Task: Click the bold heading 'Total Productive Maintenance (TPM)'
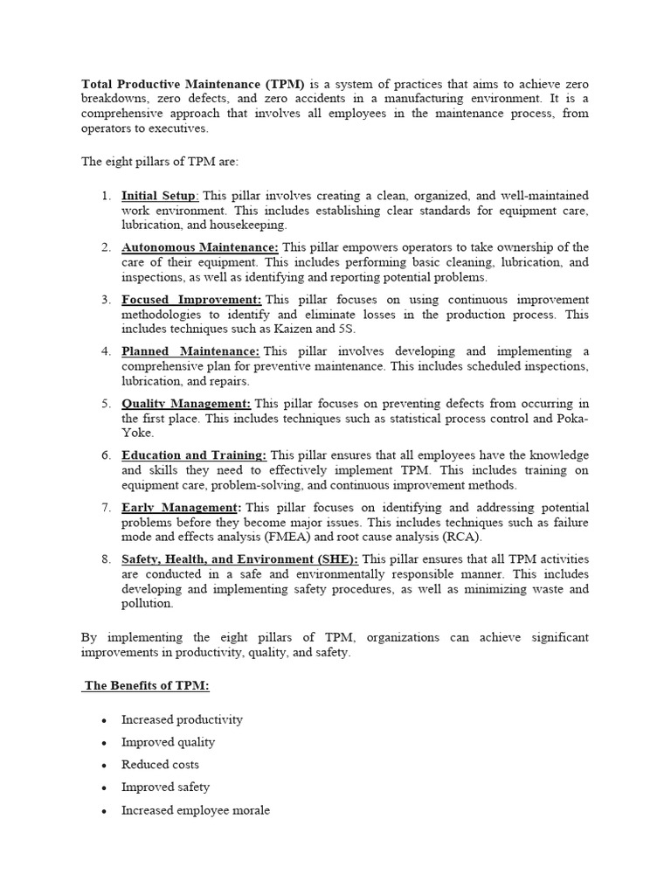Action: [x=193, y=84]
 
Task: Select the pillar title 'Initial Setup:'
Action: [x=160, y=196]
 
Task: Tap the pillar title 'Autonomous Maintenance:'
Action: [x=200, y=247]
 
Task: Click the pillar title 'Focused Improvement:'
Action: [x=191, y=300]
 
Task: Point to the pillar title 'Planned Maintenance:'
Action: [x=190, y=351]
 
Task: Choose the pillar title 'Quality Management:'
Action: [x=186, y=404]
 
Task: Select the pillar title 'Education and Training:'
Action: [x=194, y=455]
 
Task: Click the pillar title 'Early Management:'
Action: [x=181, y=508]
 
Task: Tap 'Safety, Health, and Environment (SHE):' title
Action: [x=239, y=559]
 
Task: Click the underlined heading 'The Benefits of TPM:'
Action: [x=147, y=686]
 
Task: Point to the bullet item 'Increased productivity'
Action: [x=182, y=719]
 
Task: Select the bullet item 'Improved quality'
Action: [x=168, y=742]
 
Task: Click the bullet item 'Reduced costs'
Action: [x=160, y=765]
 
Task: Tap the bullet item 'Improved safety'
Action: [x=165, y=787]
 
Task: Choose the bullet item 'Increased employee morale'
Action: [x=196, y=810]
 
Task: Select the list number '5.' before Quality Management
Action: [x=106, y=404]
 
